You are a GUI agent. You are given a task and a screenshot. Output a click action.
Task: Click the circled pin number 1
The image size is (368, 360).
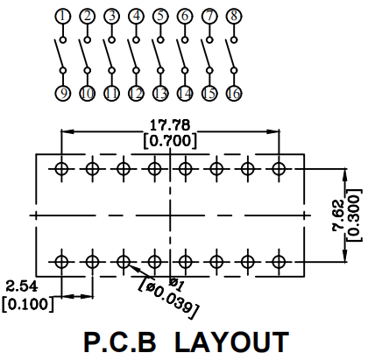point(63,16)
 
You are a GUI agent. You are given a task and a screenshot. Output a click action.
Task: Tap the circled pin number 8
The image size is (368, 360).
point(234,16)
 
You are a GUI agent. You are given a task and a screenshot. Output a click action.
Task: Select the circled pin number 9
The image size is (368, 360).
point(63,93)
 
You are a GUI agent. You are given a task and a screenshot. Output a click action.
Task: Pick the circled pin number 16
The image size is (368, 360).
point(234,93)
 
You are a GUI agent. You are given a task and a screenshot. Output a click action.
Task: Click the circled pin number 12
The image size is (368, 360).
point(136,93)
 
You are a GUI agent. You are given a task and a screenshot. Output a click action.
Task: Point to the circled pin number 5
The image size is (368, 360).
point(160,16)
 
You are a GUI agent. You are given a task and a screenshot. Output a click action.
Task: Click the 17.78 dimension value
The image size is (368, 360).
point(170,125)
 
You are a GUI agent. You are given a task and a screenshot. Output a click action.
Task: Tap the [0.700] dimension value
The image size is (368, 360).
point(170,141)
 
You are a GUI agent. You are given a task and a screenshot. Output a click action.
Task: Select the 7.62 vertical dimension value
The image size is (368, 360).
point(339,215)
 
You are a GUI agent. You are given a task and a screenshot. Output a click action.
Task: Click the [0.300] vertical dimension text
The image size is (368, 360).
point(353,215)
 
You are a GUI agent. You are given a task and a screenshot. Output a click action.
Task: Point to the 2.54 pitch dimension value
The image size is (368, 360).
point(22,286)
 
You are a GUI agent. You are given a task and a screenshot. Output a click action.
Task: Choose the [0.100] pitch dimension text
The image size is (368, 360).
point(28,304)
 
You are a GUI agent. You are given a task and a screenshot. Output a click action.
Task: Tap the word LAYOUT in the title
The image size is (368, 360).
point(232,342)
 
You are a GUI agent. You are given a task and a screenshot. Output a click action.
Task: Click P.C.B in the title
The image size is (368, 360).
point(120,342)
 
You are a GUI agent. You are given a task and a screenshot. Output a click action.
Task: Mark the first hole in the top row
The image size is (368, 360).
point(61,169)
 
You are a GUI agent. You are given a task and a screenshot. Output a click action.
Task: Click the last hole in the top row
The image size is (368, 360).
point(279,169)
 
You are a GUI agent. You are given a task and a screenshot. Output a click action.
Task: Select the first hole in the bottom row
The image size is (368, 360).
point(61,262)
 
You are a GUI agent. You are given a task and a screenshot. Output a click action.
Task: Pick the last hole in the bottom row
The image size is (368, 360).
point(279,262)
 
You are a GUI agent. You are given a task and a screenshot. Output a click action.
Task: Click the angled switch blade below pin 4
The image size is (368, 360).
point(131,54)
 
